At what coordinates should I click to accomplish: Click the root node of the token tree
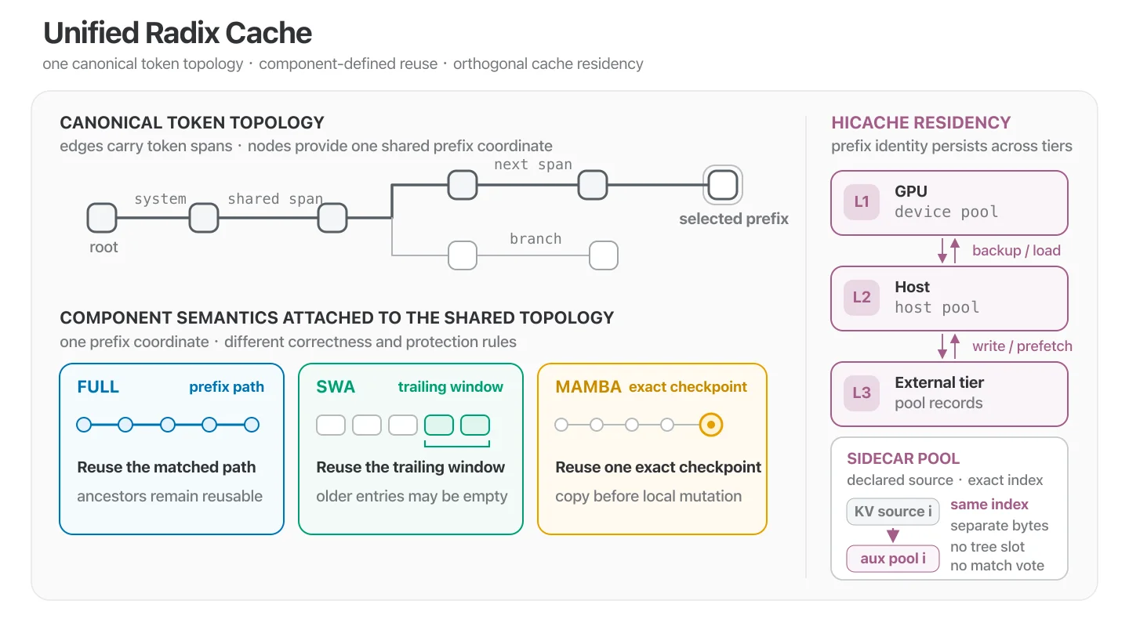pyautogui.click(x=102, y=218)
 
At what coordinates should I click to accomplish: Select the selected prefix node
pyautogui.click(x=723, y=185)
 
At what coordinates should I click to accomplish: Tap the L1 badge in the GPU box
pyautogui.click(x=862, y=202)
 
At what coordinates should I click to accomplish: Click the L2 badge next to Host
pyautogui.click(x=862, y=298)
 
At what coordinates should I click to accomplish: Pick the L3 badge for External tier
pyautogui.click(x=862, y=393)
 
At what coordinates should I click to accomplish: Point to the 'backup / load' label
pyautogui.click(x=1016, y=250)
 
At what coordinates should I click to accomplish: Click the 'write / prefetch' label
pyautogui.click(x=1022, y=346)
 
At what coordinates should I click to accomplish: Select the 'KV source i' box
pyautogui.click(x=892, y=511)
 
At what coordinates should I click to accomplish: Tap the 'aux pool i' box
pyautogui.click(x=892, y=559)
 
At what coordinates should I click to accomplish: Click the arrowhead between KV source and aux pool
pyautogui.click(x=892, y=535)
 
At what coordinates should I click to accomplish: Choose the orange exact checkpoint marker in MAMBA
pyautogui.click(x=710, y=425)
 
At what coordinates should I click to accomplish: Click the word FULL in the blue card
pyautogui.click(x=98, y=387)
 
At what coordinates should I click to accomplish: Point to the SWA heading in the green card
pyautogui.click(x=336, y=387)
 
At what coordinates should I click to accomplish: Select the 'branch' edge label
pyautogui.click(x=535, y=239)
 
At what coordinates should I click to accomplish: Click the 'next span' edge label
pyautogui.click(x=533, y=165)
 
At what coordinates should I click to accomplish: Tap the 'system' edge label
pyautogui.click(x=160, y=199)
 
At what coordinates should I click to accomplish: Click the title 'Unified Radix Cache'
pyautogui.click(x=177, y=33)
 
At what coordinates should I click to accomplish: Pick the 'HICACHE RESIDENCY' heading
pyautogui.click(x=920, y=122)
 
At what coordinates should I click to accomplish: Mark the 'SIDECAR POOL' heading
pyautogui.click(x=903, y=458)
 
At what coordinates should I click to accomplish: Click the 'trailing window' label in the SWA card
pyautogui.click(x=451, y=387)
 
